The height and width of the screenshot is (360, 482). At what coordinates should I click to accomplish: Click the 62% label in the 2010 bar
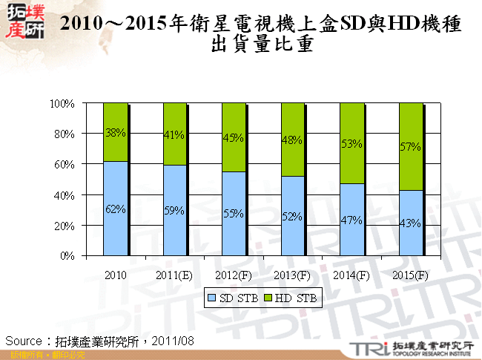[x=115, y=209]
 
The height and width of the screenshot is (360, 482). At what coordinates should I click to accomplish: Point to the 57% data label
[x=411, y=147]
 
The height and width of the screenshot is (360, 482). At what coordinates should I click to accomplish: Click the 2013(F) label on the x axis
[x=292, y=275]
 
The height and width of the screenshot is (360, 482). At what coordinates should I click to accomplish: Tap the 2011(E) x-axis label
[x=174, y=275]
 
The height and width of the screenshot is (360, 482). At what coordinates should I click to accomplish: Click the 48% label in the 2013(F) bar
[x=292, y=139]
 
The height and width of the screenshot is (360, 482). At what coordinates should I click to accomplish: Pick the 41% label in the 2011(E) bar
[x=174, y=136]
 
